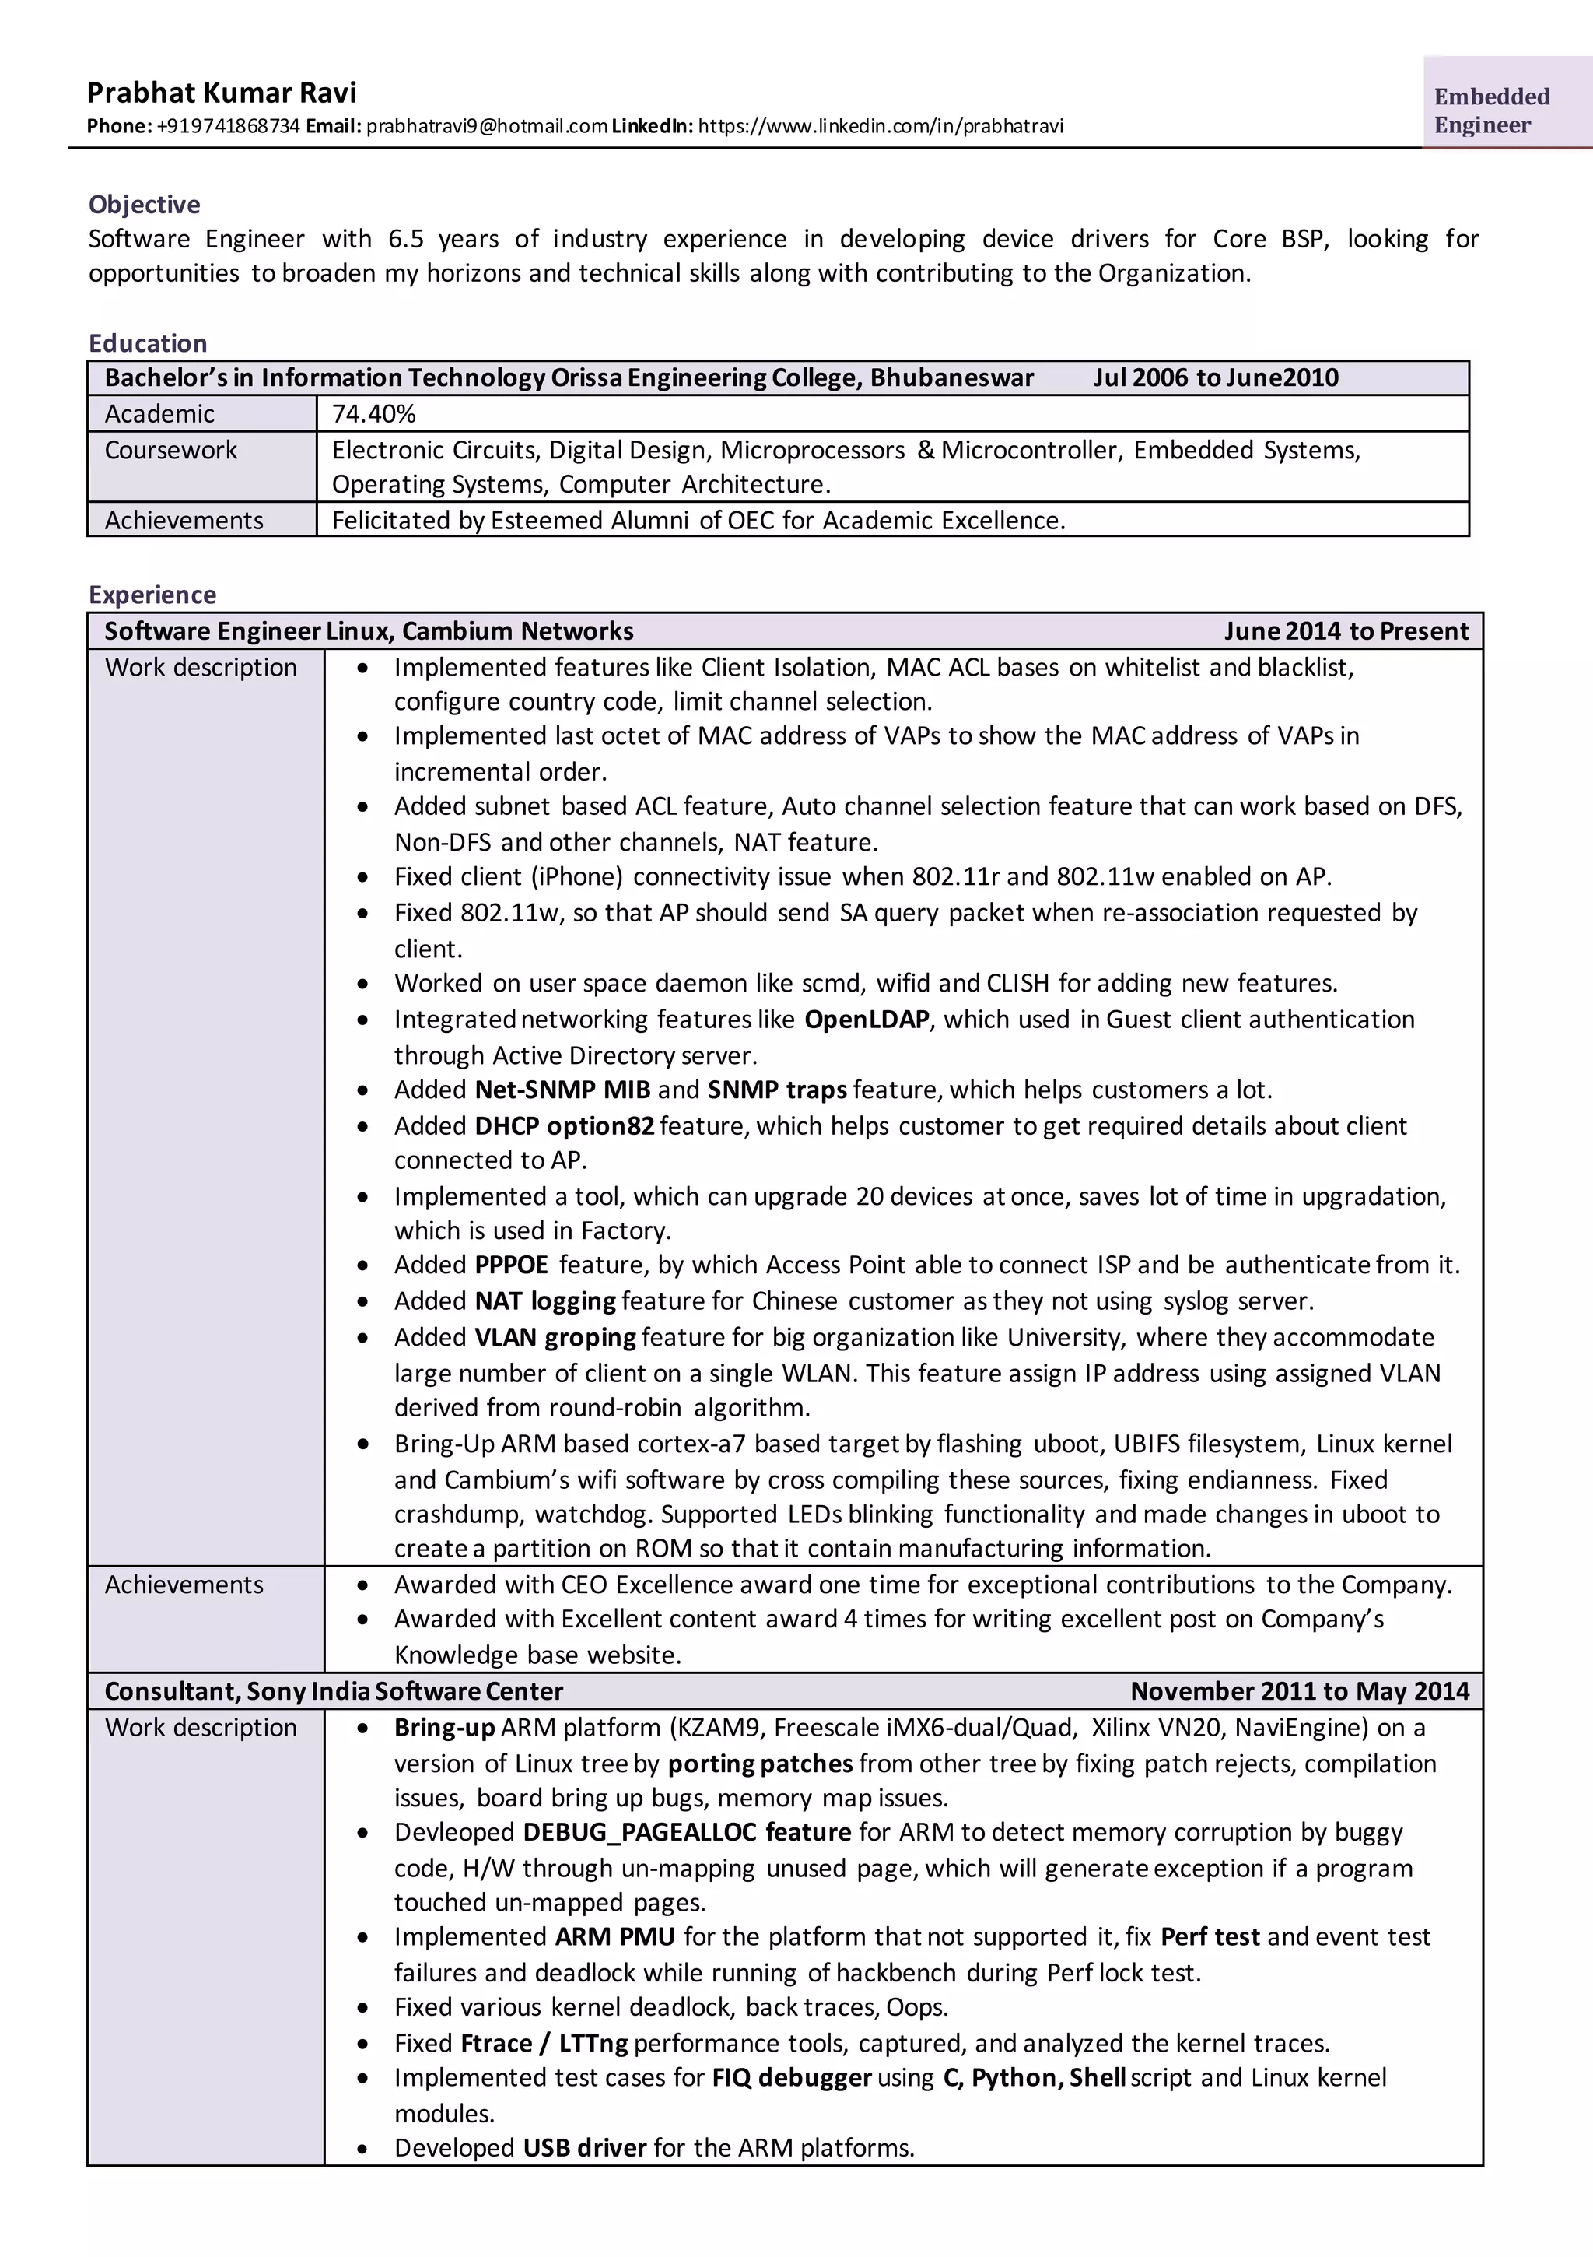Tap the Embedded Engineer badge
[1491, 110]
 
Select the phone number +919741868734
[228, 126]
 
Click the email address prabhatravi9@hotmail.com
[486, 126]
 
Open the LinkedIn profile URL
[880, 126]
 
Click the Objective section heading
[145, 205]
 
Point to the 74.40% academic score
[373, 414]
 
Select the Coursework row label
[171, 450]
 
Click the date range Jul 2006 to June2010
[1216, 378]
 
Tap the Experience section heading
[152, 595]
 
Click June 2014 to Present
[1346, 631]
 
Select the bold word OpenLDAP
[866, 1020]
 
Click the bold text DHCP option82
[564, 1125]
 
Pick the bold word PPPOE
[511, 1265]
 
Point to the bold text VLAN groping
[555, 1337]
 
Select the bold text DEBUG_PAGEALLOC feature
[686, 1832]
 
